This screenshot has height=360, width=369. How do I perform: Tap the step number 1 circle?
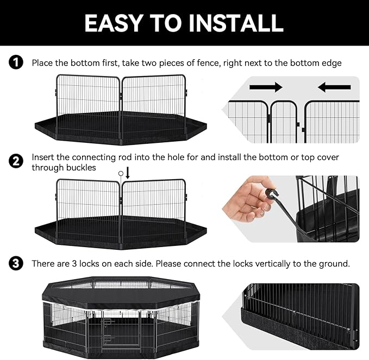click(17, 63)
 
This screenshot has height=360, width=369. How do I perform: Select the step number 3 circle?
click(17, 264)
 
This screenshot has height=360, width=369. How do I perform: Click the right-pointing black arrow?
click(266, 87)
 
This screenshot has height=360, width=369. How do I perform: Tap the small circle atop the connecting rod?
click(121, 173)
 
